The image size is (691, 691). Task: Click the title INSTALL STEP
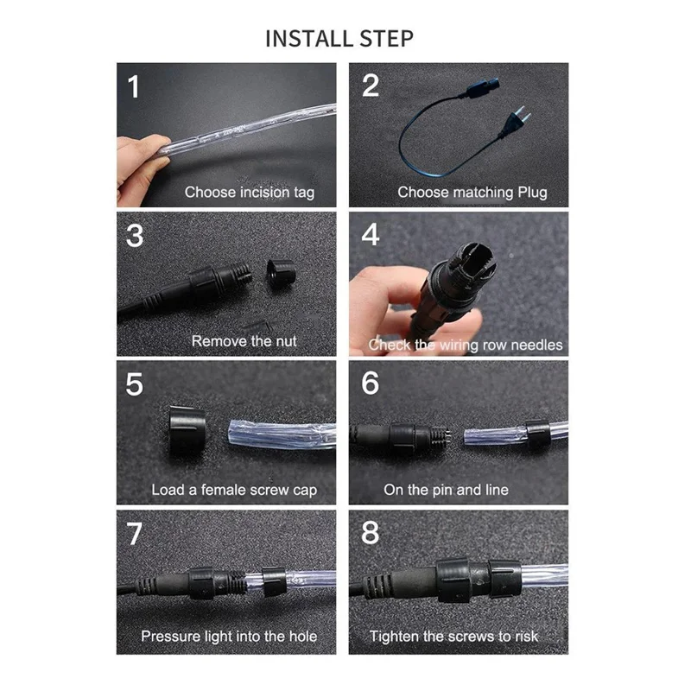(339, 39)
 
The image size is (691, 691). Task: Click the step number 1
(133, 86)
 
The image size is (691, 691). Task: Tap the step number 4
(370, 235)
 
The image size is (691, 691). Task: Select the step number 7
(134, 533)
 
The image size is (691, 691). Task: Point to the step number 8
(370, 533)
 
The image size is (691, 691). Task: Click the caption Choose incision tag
(250, 192)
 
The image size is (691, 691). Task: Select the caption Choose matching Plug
(472, 192)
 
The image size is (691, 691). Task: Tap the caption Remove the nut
(244, 341)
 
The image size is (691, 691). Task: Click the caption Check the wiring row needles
(466, 345)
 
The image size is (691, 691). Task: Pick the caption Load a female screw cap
(234, 490)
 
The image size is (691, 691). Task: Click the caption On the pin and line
(446, 490)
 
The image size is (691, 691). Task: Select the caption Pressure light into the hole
(229, 637)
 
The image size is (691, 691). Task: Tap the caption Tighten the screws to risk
(453, 637)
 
